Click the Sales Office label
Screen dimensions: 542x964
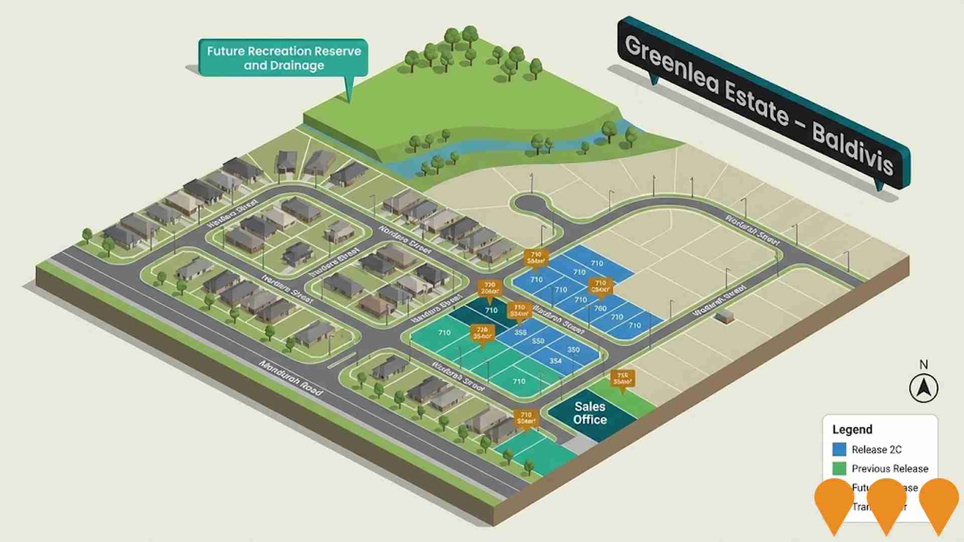click(x=590, y=413)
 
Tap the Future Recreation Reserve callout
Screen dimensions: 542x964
click(x=284, y=58)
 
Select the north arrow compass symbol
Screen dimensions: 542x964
click(x=923, y=388)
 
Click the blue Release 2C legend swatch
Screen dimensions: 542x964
click(x=839, y=449)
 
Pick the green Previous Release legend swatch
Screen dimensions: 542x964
click(x=839, y=469)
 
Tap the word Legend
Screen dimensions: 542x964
click(x=852, y=430)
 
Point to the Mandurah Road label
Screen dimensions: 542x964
click(x=291, y=377)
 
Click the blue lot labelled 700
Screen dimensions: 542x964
click(x=600, y=309)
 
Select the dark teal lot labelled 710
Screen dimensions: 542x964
click(x=491, y=311)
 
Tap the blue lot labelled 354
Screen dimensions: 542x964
click(x=555, y=361)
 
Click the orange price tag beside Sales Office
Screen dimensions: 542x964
click(x=622, y=379)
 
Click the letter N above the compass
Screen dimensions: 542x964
click(x=923, y=365)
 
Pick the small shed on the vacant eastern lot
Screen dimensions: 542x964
click(x=724, y=316)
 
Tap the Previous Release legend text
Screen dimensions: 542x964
click(x=890, y=469)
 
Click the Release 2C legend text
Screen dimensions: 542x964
click(x=877, y=450)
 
